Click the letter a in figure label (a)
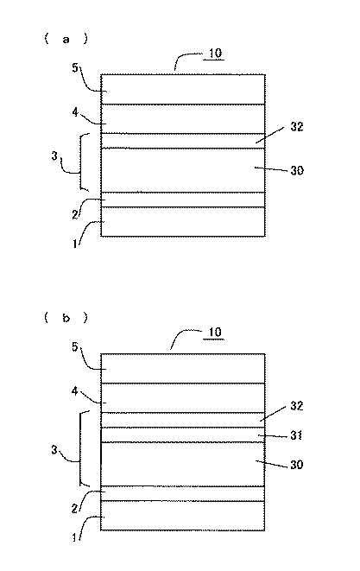(66, 40)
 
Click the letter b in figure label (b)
(66, 318)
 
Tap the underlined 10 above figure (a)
(215, 54)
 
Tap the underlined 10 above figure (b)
(215, 332)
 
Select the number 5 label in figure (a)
(75, 67)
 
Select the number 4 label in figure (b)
(74, 391)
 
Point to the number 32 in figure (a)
(297, 127)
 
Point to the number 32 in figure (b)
(297, 406)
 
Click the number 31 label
(296, 435)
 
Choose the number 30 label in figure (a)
(297, 170)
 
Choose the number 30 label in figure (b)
(297, 465)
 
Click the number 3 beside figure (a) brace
(54, 156)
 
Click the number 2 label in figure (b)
(74, 508)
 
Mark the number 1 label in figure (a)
(75, 244)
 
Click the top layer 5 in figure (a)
(183, 90)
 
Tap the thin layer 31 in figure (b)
(183, 435)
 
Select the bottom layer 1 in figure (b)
(183, 516)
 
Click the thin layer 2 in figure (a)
(183, 200)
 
